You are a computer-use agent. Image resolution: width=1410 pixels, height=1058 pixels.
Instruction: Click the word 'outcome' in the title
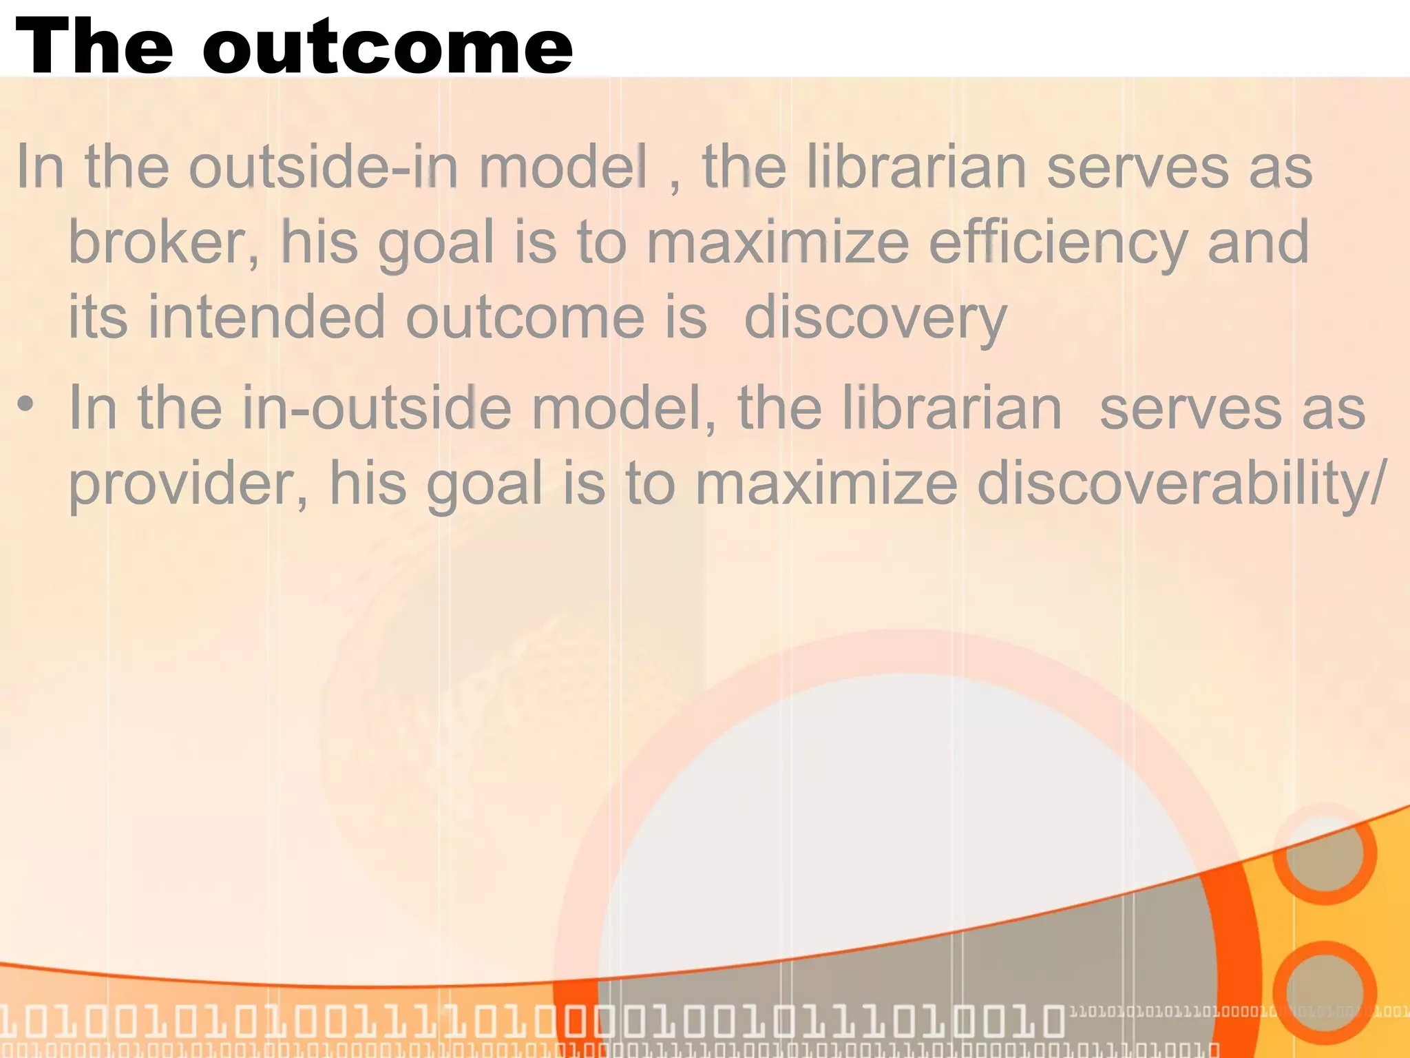387,47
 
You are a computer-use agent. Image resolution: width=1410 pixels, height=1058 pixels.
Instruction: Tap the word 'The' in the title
94,47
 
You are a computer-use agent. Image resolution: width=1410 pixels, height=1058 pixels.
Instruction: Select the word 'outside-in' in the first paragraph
324,167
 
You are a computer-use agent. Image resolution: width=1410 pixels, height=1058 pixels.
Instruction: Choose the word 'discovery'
876,318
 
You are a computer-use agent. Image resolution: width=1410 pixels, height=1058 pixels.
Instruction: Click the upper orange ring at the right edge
1324,853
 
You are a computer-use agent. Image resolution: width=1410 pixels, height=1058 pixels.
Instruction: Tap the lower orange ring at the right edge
1324,992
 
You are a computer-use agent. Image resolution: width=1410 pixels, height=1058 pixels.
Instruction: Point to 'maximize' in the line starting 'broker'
777,242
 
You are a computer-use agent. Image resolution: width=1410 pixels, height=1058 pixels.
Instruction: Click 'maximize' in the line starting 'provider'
825,484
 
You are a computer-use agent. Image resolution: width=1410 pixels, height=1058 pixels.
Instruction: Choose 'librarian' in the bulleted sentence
951,408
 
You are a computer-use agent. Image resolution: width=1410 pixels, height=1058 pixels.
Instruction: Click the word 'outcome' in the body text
525,318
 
